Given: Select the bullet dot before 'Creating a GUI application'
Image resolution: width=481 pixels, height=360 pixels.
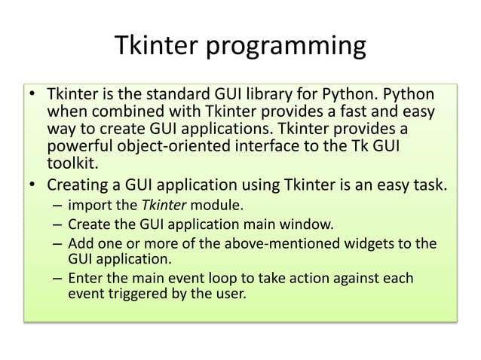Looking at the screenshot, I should pyautogui.click(x=33, y=184).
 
